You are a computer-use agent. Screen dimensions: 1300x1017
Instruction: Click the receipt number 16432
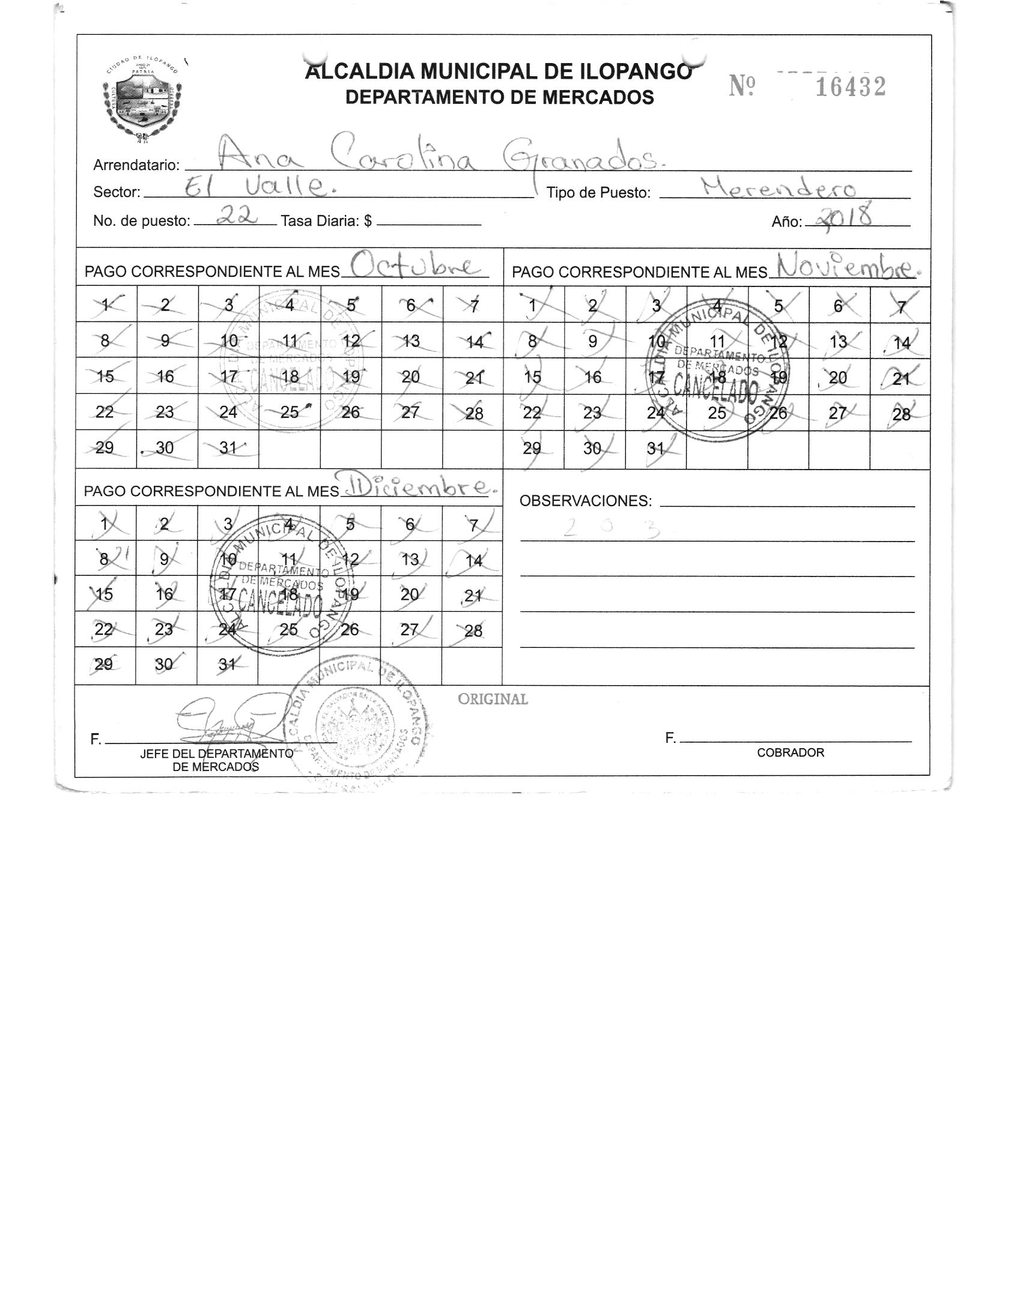click(850, 88)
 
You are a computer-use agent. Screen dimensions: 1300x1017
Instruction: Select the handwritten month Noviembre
click(846, 265)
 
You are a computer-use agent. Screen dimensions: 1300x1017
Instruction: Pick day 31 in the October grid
click(228, 448)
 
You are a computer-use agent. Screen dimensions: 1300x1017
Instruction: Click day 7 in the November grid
click(900, 306)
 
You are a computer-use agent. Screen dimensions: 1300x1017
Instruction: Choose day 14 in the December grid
click(473, 560)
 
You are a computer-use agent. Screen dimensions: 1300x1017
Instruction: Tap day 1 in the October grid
click(106, 305)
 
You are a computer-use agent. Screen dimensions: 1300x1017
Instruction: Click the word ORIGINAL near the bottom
click(493, 699)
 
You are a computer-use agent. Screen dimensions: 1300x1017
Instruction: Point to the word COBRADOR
click(790, 752)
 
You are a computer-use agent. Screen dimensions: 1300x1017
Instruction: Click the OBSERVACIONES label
click(585, 501)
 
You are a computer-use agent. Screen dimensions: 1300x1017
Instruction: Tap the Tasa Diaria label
click(326, 221)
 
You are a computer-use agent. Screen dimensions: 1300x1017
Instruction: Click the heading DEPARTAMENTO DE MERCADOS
click(499, 97)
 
